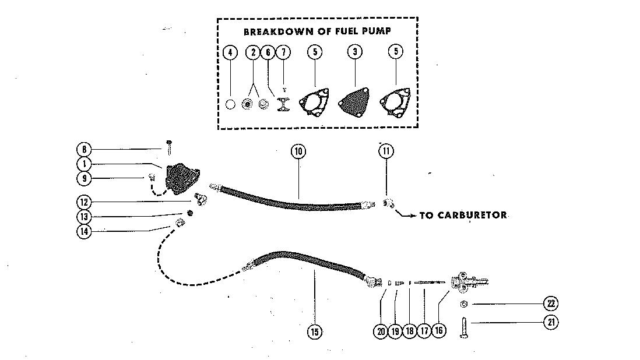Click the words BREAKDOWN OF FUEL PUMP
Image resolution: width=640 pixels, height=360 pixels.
click(317, 31)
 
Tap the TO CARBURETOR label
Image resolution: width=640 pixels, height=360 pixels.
click(463, 215)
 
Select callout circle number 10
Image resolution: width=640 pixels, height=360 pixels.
click(298, 152)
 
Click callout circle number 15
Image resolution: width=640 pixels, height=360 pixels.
click(315, 331)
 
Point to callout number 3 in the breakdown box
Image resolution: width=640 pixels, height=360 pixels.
click(355, 52)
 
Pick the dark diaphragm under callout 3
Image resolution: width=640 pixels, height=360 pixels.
click(355, 104)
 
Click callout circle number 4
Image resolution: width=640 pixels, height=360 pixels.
click(230, 52)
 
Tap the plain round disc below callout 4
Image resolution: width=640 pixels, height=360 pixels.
click(231, 105)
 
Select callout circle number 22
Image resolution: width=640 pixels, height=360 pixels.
click(550, 303)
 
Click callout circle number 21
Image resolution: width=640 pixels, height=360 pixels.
click(550, 322)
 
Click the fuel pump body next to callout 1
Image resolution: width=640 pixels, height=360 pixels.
click(182, 177)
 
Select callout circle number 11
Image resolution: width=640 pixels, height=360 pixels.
click(385, 151)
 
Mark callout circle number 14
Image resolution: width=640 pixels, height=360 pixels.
click(85, 231)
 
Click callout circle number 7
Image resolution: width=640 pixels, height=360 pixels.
click(283, 52)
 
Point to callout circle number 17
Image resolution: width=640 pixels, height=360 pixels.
click(424, 331)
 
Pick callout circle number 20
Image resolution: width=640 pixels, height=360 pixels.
click(381, 331)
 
